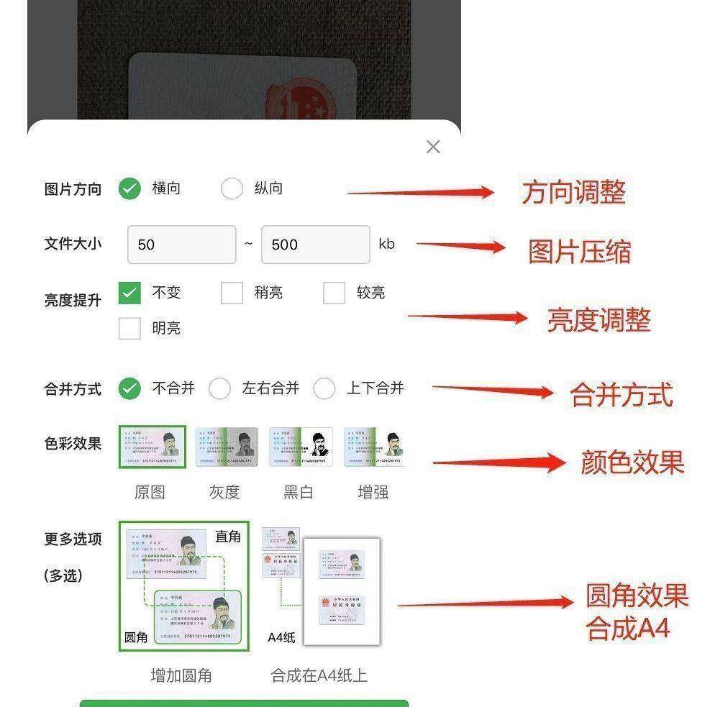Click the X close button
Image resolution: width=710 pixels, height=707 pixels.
point(433,147)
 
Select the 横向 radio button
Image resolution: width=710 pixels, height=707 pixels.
point(129,188)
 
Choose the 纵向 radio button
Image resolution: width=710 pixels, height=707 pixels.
point(232,188)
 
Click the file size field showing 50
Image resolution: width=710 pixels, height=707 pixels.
point(181,245)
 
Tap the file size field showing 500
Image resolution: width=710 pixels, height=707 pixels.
point(315,245)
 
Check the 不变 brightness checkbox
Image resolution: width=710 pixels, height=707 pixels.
point(129,293)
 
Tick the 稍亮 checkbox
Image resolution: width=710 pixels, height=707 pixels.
point(232,293)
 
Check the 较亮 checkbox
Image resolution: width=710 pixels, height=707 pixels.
point(334,293)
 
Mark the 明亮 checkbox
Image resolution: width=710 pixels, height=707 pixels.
point(129,328)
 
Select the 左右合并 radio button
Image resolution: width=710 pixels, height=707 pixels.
point(219,388)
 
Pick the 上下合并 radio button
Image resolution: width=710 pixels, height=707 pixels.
point(324,388)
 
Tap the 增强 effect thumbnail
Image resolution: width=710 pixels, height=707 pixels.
point(375,447)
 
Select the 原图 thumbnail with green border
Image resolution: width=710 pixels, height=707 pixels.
point(152,447)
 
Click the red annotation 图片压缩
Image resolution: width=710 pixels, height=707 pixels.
point(579,252)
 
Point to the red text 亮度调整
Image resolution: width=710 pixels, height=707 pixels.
point(599,320)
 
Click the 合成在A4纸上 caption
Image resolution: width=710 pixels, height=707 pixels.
point(319,675)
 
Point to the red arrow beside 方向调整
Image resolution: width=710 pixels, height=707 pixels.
point(421,192)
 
